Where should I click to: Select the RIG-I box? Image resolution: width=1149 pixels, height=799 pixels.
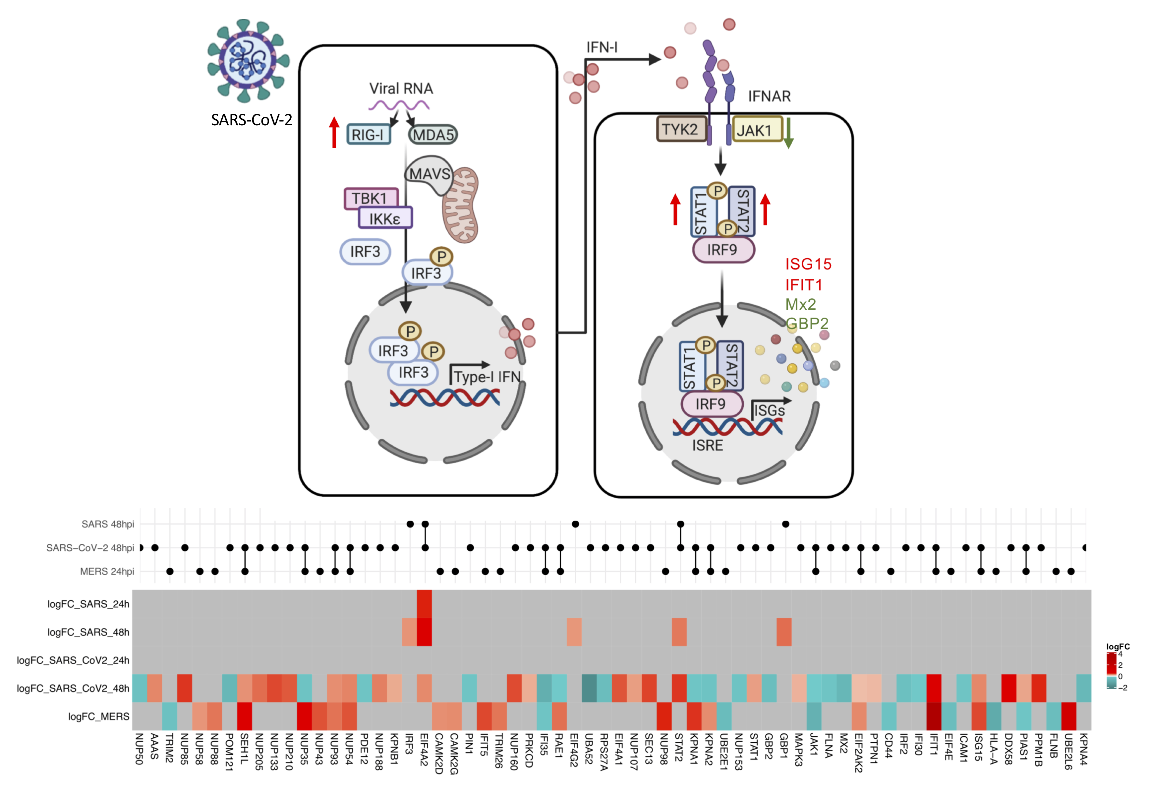pyautogui.click(x=368, y=134)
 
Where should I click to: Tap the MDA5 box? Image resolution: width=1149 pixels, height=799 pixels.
pyautogui.click(x=433, y=134)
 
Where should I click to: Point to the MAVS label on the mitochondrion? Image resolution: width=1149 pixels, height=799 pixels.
pyautogui.click(x=430, y=174)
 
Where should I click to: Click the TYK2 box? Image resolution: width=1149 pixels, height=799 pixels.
pyautogui.click(x=681, y=129)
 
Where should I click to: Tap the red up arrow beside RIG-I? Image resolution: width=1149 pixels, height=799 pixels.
pyautogui.click(x=334, y=132)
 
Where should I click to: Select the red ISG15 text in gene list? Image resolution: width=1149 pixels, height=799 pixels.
pyautogui.click(x=808, y=264)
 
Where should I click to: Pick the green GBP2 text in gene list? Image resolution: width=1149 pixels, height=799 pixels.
pyautogui.click(x=806, y=323)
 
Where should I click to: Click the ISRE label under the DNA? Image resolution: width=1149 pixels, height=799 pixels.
pyautogui.click(x=707, y=445)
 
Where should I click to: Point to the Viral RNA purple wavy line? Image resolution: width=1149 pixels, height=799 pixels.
pyautogui.click(x=399, y=105)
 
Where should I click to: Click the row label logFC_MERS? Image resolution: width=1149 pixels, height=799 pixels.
pyautogui.click(x=98, y=716)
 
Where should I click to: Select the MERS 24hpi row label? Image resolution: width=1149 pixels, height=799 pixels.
pyautogui.click(x=107, y=571)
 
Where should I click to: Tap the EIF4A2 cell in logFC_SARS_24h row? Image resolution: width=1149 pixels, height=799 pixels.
pyautogui.click(x=424, y=604)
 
